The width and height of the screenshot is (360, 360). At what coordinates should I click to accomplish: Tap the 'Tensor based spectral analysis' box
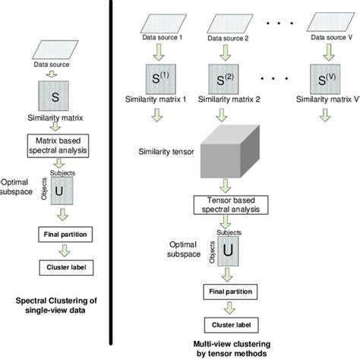226,204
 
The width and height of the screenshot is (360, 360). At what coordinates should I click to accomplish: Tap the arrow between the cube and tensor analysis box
226,185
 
